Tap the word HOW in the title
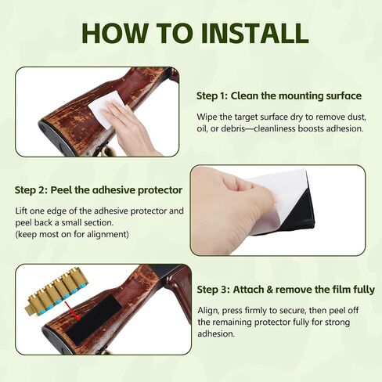114,33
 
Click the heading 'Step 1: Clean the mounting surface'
279,95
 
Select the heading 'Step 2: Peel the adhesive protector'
99,190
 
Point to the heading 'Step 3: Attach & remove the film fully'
286,290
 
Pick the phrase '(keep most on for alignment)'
72,234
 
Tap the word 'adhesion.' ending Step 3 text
216,333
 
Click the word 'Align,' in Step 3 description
208,311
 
